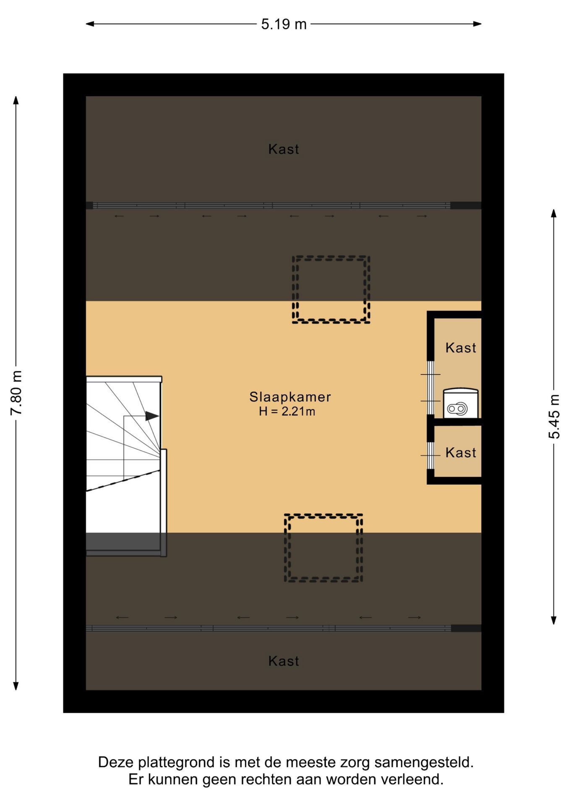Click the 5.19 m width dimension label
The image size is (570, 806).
[x=284, y=24]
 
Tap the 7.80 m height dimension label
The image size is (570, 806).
[x=16, y=393]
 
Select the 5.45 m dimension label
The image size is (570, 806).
[x=554, y=416]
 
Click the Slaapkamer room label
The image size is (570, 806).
[x=290, y=397]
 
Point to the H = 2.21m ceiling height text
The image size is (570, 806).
[x=287, y=411]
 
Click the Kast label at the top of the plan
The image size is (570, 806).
[x=284, y=149]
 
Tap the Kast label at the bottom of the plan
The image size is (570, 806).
[x=284, y=661]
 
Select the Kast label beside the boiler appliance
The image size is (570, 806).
[x=461, y=348]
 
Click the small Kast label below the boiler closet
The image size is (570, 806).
[x=461, y=453]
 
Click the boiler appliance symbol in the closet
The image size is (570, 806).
[x=461, y=403]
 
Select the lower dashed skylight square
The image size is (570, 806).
[x=323, y=515]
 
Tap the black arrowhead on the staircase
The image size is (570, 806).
[x=152, y=416]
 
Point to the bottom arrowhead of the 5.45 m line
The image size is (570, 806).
[x=554, y=620]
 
